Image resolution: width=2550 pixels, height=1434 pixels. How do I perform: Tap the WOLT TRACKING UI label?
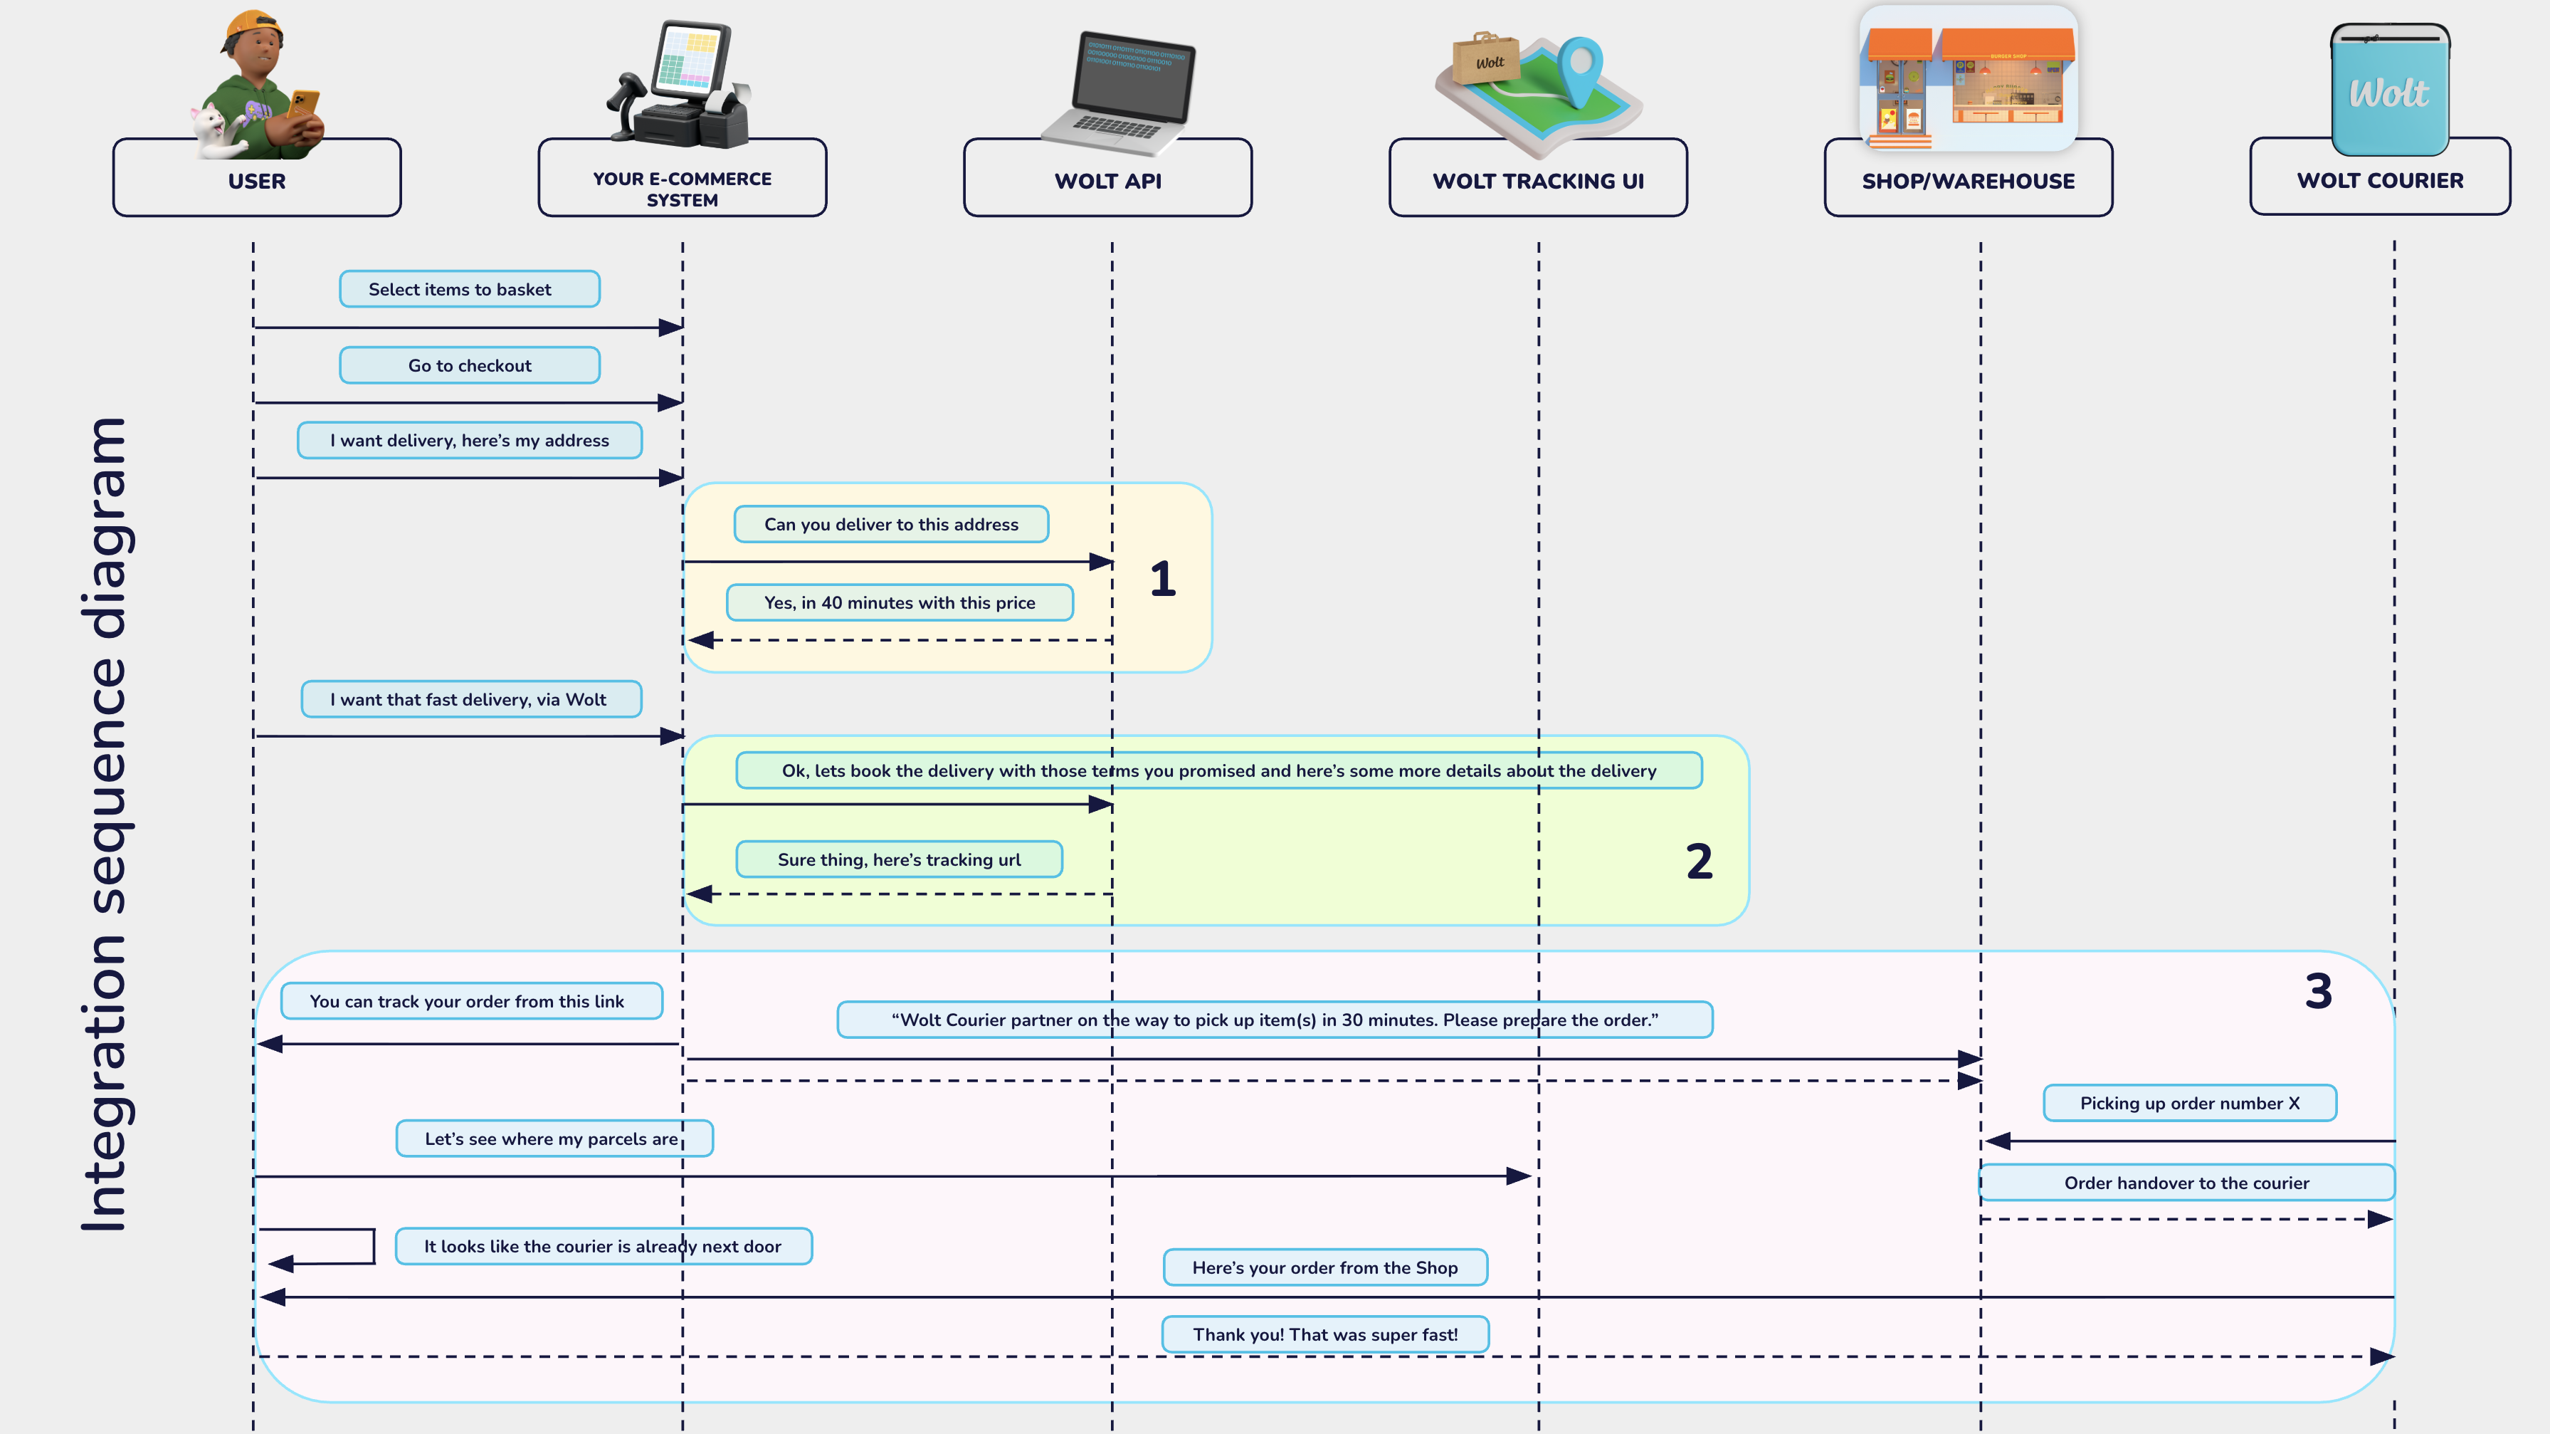1537,182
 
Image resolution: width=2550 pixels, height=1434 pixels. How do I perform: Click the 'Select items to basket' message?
469,289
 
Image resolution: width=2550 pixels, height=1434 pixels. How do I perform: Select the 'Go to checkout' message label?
469,365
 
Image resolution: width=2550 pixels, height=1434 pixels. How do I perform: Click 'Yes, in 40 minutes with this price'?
899,602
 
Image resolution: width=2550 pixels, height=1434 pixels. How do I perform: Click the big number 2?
1699,862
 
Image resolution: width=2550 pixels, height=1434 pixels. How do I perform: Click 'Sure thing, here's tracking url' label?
898,859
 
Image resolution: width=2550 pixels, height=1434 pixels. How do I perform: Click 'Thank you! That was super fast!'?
1324,1334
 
